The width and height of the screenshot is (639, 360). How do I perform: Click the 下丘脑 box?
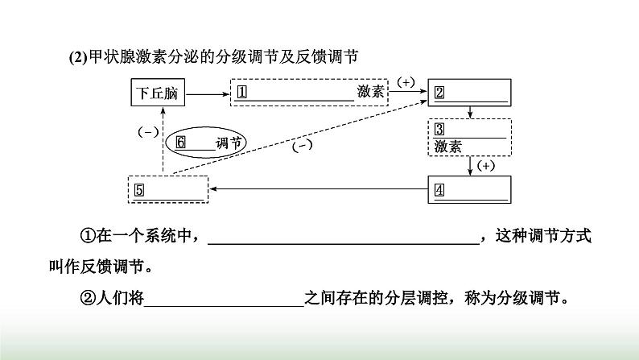click(x=157, y=93)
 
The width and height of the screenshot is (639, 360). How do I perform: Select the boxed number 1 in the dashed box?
click(x=241, y=92)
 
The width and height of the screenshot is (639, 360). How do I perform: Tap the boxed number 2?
click(x=439, y=92)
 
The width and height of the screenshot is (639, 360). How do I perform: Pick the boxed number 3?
click(x=439, y=130)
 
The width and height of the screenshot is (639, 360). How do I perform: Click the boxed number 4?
click(x=439, y=190)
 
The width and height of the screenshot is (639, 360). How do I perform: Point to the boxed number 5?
click(x=139, y=190)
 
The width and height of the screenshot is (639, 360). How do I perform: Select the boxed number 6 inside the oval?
click(x=180, y=142)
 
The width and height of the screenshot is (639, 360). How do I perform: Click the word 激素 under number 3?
click(x=447, y=147)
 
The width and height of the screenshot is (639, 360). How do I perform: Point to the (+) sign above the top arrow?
click(x=406, y=82)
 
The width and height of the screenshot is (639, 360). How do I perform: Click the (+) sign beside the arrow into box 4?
click(x=486, y=165)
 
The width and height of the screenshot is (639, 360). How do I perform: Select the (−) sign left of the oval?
click(x=148, y=131)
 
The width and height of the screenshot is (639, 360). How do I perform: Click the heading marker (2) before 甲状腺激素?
click(x=77, y=56)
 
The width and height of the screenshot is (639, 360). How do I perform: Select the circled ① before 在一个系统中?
click(x=88, y=236)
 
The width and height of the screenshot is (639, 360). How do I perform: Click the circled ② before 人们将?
click(x=88, y=297)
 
